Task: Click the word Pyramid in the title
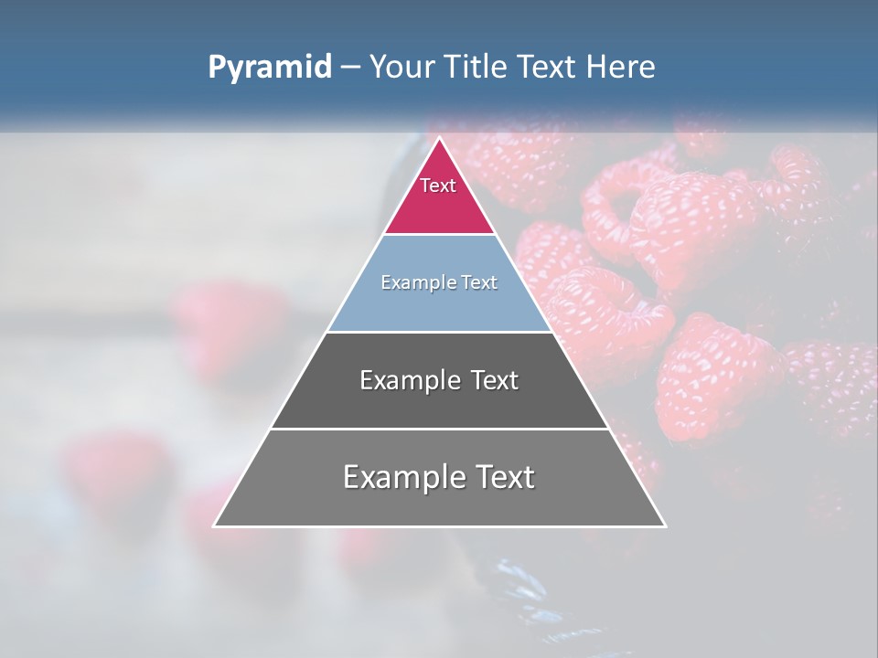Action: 269,68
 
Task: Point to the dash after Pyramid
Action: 350,68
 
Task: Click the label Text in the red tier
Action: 438,186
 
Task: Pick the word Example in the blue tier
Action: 410,283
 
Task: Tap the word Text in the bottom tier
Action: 502,477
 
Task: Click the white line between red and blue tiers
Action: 439,235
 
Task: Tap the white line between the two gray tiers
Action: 439,429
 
